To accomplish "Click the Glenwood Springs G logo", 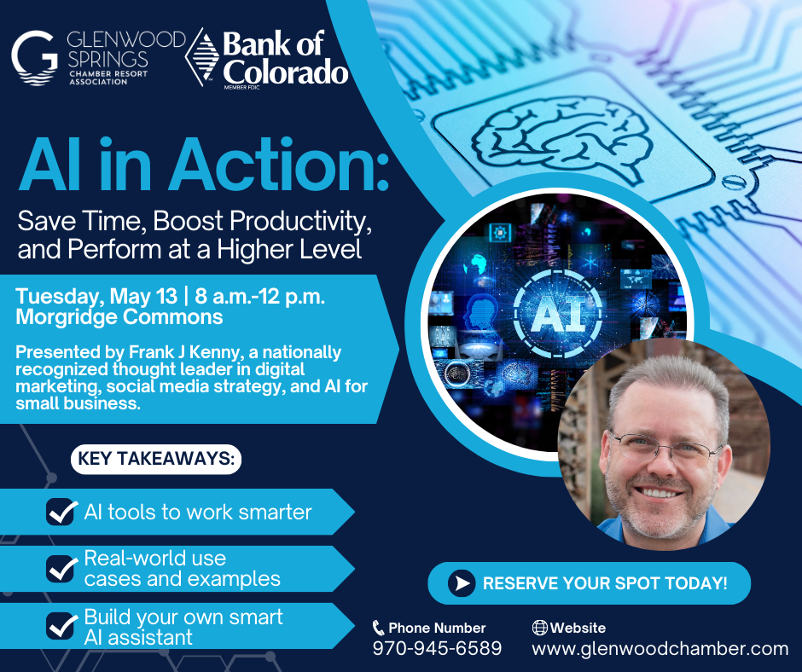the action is click(34, 57).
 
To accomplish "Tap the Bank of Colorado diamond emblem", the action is click(202, 57).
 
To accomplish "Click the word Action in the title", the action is click(279, 165).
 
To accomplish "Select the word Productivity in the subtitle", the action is click(300, 221).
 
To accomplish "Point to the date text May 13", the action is click(143, 296).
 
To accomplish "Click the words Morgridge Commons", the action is click(119, 317).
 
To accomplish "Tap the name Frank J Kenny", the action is click(183, 352).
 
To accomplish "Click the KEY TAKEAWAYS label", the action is click(156, 459).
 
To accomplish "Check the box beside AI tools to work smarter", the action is click(62, 512).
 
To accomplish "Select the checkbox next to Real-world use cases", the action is click(62, 569).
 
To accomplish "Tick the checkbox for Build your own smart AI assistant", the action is click(62, 626).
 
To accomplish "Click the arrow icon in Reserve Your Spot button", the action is click(462, 583).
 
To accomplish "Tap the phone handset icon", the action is click(379, 628).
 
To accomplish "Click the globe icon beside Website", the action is click(539, 628).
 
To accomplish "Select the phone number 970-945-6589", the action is click(438, 648).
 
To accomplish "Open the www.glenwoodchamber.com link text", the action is click(660, 648).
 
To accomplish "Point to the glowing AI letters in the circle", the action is click(557, 314).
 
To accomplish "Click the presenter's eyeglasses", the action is click(665, 449).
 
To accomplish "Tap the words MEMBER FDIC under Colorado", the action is click(241, 88).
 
